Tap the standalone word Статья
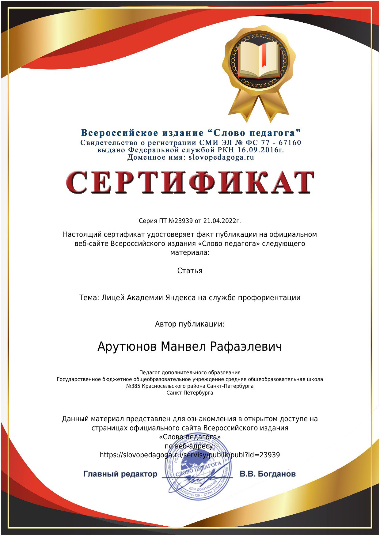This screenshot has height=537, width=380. pos(190,271)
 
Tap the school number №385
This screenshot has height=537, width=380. pos(133,386)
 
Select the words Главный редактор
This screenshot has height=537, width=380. pos(120,474)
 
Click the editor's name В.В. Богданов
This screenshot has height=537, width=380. pos(268,474)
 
